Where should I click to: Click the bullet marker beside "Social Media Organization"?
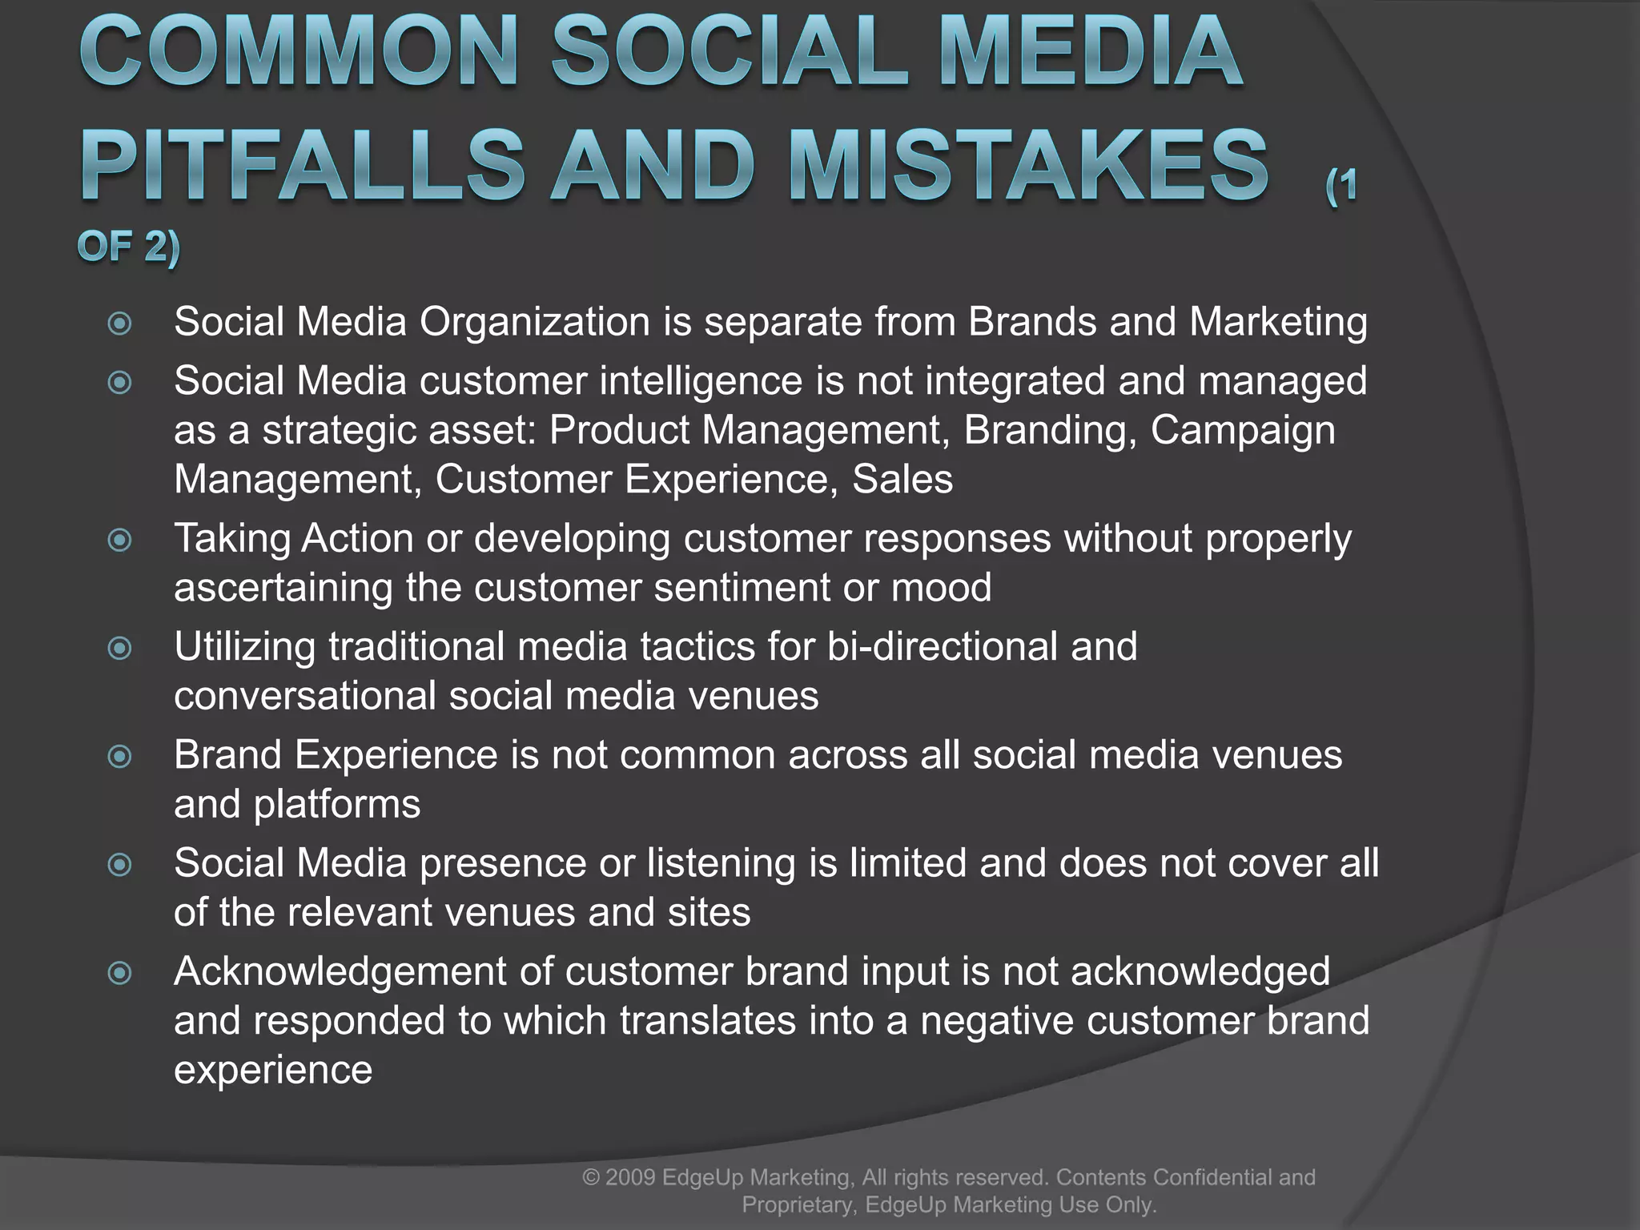[119, 324]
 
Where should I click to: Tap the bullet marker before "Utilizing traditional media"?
[119, 648]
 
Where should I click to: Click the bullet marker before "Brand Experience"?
[119, 756]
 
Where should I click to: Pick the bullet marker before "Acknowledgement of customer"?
[119, 973]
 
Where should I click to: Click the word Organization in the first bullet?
[534, 322]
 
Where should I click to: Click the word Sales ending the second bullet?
[902, 480]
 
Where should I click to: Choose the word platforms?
[336, 805]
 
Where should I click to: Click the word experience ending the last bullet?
[273, 1071]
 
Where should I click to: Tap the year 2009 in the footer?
[632, 1177]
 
